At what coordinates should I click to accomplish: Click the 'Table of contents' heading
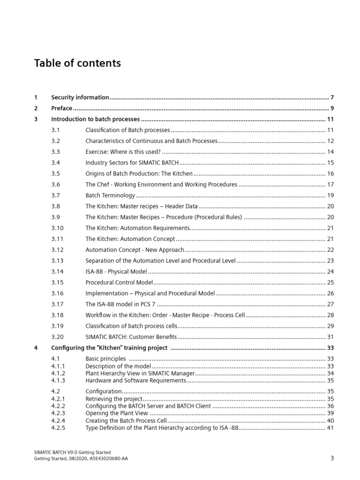coord(77,63)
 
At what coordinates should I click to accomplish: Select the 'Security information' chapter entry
coord(80,97)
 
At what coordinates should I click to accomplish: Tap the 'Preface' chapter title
coord(62,108)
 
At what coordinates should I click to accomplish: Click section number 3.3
coord(56,152)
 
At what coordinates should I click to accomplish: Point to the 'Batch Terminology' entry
coord(110,195)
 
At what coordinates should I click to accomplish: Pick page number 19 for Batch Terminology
coord(330,195)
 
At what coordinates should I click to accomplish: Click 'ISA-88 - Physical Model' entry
coord(116,271)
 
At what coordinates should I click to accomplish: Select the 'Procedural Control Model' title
coord(119,283)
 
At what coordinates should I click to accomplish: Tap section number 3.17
coord(57,304)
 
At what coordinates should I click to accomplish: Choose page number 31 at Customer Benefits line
coord(330,337)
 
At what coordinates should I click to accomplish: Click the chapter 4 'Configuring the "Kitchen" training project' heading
coord(109,348)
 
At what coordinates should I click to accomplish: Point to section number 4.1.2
coord(58,374)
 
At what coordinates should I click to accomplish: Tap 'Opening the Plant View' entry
coord(117,413)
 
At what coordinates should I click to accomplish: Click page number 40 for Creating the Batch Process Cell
coord(330,420)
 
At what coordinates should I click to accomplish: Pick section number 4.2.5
coord(58,427)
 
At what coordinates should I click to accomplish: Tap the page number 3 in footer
coord(332,458)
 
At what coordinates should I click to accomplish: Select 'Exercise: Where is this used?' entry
coord(123,152)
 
